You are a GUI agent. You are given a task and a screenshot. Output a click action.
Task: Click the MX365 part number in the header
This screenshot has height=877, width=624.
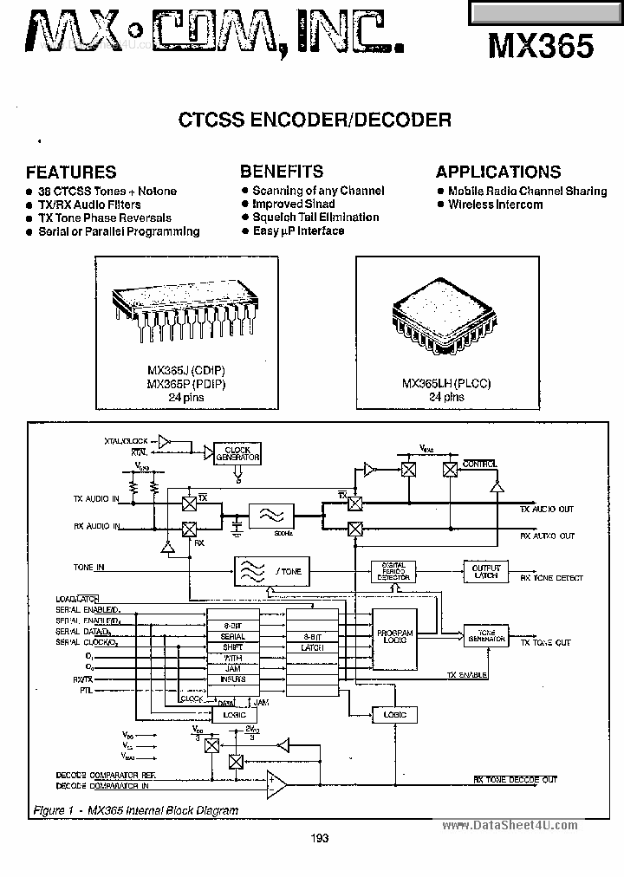[x=542, y=46]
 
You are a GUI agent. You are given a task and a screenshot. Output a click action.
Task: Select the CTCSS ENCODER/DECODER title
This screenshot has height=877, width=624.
[x=315, y=120]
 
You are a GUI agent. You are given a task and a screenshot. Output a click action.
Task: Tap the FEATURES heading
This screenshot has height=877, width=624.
[x=71, y=172]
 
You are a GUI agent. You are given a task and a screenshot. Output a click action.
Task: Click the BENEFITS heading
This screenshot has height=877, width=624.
[x=282, y=171]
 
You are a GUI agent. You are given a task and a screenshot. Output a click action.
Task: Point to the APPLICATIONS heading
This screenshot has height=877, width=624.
[x=498, y=172]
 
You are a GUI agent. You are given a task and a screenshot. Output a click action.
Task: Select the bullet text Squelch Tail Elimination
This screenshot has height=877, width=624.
[x=315, y=218]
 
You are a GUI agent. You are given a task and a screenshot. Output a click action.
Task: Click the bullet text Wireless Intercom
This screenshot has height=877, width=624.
[x=495, y=205]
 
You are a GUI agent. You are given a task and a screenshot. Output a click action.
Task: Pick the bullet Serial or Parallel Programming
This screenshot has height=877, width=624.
[x=119, y=231]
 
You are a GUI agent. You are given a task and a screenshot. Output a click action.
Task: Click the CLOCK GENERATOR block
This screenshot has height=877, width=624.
[x=237, y=453]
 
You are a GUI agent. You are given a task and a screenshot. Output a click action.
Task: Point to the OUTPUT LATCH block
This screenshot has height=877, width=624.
[x=486, y=571]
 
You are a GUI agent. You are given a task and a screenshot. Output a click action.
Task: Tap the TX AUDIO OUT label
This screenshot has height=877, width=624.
[x=547, y=510]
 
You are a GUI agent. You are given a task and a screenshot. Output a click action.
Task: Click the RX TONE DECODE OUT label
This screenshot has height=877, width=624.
[x=515, y=779]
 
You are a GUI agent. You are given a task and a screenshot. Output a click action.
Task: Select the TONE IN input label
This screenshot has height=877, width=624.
[x=89, y=568]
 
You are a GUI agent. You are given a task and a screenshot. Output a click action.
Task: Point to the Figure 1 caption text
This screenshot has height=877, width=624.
[x=134, y=810]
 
